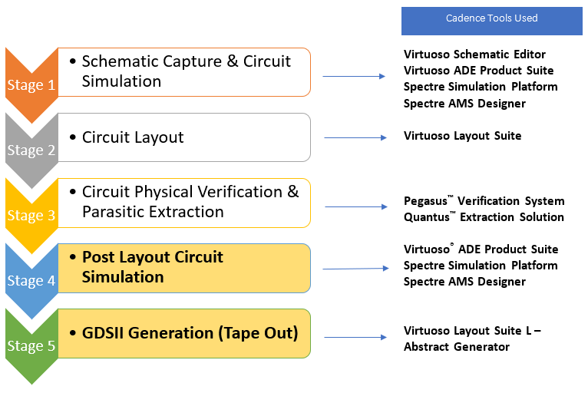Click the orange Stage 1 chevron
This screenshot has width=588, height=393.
pos(31,84)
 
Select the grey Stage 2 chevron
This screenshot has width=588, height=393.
pos(31,149)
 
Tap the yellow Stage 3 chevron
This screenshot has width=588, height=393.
pos(31,214)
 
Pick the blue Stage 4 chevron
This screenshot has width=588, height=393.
pos(31,279)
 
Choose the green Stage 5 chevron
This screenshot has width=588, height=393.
pos(31,345)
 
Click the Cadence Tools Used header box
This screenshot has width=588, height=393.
pos(491,19)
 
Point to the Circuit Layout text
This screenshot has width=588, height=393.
pos(133,137)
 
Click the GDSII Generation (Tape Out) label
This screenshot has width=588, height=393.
pos(190,333)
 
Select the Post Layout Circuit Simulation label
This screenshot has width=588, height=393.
pos(152,267)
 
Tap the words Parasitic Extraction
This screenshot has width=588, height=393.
pos(153,212)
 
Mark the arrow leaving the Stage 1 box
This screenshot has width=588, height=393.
pos(352,77)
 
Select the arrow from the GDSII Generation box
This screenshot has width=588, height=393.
pos(354,337)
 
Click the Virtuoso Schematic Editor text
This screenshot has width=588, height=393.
pos(474,54)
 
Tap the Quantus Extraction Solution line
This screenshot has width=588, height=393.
pos(484,217)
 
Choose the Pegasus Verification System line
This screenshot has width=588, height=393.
pos(484,201)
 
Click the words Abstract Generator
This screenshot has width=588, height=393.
pos(456,347)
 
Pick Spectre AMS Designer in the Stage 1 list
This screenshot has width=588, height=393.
pos(464,104)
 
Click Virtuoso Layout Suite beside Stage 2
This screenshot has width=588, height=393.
pos(462,136)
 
